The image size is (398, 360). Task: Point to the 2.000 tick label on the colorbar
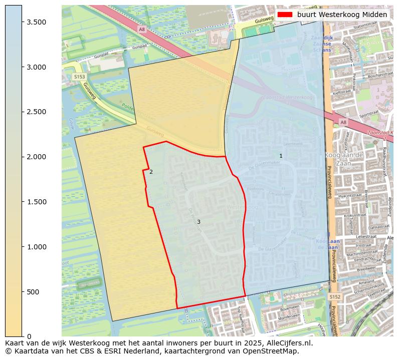point(36,157)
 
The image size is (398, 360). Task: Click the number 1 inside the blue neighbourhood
point(281,156)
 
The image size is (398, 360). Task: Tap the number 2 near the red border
point(151,172)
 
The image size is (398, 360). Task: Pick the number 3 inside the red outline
point(198,222)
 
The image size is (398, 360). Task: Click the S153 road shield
point(79,77)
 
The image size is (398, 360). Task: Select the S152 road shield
point(335,297)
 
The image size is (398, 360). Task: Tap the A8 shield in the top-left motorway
point(142,30)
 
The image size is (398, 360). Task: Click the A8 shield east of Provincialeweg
point(343,122)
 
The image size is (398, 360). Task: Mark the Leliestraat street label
point(365,235)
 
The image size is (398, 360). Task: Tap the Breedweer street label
point(366,268)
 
